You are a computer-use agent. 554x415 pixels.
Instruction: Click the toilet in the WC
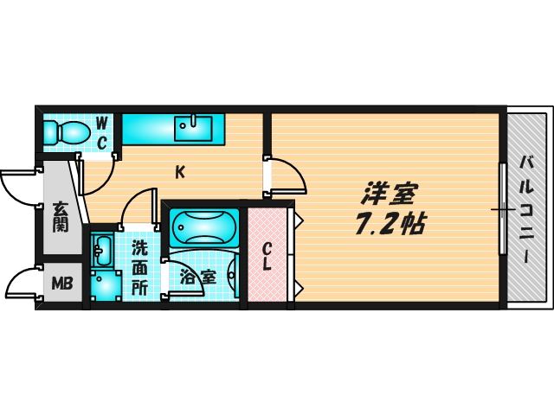[x=67, y=132]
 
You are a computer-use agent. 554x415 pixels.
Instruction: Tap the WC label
[x=102, y=134]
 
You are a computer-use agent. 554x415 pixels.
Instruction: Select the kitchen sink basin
[x=194, y=129]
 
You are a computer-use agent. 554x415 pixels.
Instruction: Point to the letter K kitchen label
[x=180, y=172]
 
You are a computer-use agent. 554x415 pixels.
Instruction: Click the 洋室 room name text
[x=389, y=193]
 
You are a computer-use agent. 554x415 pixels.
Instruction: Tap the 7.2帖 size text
[x=390, y=224]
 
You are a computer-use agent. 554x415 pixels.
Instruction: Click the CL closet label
[x=267, y=257]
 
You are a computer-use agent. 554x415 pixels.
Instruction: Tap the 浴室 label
[x=198, y=277]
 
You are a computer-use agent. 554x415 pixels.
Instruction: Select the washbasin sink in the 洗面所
[x=102, y=251]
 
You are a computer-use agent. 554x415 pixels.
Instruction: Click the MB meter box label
[x=62, y=283]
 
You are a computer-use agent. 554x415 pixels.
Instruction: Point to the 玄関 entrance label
[x=61, y=217]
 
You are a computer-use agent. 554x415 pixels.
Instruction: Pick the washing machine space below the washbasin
[x=106, y=286]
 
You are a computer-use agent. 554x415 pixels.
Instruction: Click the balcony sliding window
[x=503, y=208]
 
